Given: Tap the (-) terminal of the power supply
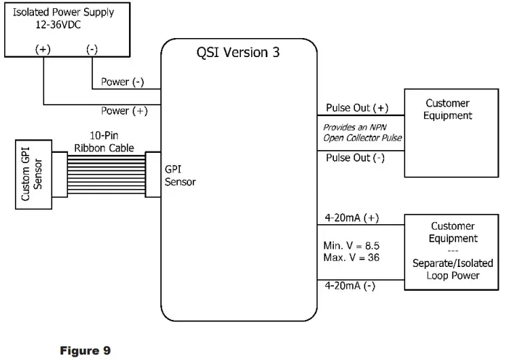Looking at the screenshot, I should pyautogui.click(x=92, y=48).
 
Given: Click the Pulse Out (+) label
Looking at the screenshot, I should pyautogui.click(x=357, y=108).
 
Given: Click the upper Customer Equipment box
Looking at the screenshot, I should pyautogui.click(x=447, y=132).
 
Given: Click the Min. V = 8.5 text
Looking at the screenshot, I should pyautogui.click(x=351, y=244).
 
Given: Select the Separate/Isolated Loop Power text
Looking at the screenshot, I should pyautogui.click(x=447, y=269).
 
